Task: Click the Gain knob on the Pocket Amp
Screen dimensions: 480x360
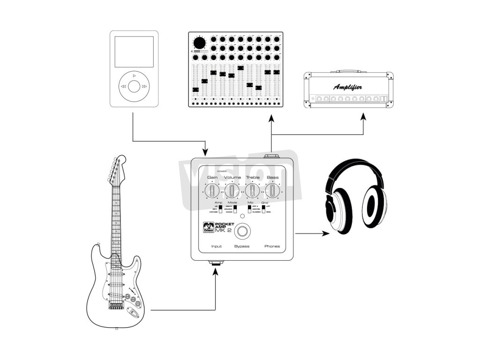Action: [x=212, y=191]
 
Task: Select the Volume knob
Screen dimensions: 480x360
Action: [x=232, y=191]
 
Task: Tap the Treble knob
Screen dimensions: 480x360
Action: [x=252, y=191]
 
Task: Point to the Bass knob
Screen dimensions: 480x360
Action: [x=272, y=191]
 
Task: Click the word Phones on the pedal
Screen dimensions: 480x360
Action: [x=272, y=246]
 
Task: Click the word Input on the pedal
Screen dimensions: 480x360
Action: [x=217, y=246]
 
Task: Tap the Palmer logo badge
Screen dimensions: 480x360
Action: [x=208, y=225]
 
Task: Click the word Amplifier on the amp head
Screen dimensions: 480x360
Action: [x=347, y=87]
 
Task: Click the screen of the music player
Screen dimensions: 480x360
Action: [x=134, y=52]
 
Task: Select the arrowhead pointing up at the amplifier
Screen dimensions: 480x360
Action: [x=363, y=116]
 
